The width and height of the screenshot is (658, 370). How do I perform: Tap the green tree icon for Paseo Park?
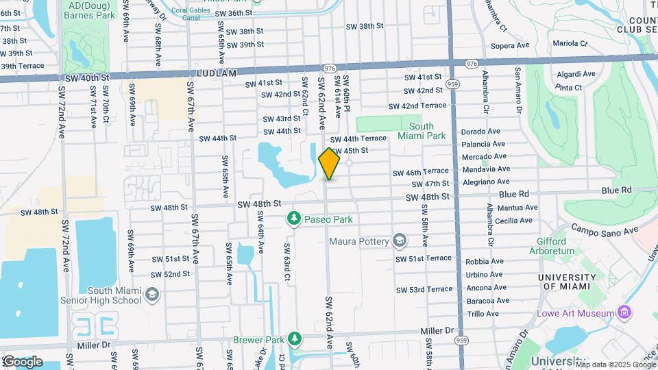click(x=294, y=219)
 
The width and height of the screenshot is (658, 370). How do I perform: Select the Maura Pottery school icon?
click(x=399, y=241)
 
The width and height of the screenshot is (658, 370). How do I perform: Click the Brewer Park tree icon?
click(x=294, y=338)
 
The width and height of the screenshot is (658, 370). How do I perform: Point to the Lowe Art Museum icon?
click(x=624, y=313)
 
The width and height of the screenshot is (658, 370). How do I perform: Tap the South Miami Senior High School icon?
click(x=151, y=295)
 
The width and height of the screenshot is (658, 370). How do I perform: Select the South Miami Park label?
click(x=422, y=131)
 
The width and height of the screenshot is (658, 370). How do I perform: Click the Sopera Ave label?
click(x=509, y=45)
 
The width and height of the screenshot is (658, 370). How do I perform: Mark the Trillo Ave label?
click(x=482, y=314)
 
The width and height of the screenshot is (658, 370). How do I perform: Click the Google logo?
click(x=23, y=361)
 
